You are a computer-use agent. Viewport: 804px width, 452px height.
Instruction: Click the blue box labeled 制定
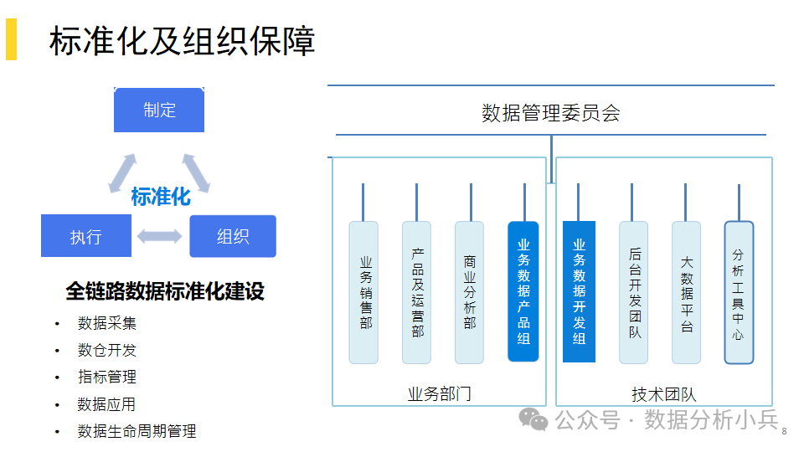click(159, 110)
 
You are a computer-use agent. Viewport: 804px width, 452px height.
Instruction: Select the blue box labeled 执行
click(86, 236)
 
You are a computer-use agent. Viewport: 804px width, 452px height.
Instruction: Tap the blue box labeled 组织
click(233, 236)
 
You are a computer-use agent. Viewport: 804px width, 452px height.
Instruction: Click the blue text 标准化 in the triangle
click(161, 197)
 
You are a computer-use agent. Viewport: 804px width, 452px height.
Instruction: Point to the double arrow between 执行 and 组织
click(159, 236)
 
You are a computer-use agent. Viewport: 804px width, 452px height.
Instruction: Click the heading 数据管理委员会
click(551, 113)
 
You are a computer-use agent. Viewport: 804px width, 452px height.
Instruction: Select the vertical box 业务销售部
click(363, 293)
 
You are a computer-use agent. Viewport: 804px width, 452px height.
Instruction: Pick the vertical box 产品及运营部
click(417, 293)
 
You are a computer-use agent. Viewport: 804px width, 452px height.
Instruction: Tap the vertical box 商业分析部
click(469, 293)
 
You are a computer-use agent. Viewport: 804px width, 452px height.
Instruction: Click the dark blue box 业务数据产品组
click(523, 291)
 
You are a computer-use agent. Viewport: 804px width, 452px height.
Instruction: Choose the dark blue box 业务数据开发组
click(579, 291)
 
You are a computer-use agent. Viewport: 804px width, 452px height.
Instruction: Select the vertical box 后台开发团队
click(634, 293)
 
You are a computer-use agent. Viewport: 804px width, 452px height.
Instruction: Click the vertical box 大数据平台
click(687, 293)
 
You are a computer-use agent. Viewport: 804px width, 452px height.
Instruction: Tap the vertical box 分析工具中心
click(739, 293)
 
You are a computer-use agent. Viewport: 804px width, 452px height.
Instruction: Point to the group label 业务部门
click(440, 394)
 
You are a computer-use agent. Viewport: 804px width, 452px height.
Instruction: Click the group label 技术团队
click(664, 394)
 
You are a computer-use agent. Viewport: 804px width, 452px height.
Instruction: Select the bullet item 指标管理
click(107, 377)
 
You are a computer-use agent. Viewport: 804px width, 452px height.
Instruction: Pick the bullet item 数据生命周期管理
click(137, 431)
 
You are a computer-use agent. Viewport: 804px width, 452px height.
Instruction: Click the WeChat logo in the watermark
click(533, 419)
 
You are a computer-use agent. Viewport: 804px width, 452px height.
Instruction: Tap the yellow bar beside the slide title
click(11, 39)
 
